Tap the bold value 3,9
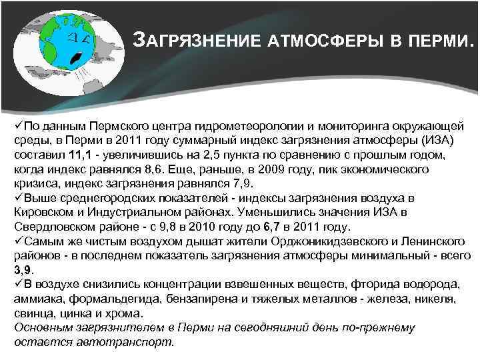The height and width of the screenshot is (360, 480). coord(22,270)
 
